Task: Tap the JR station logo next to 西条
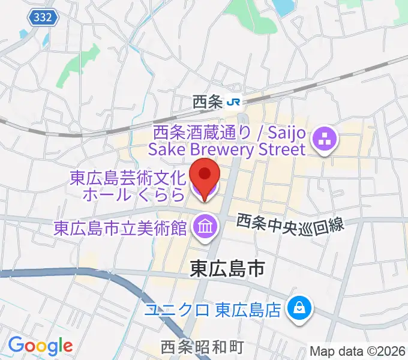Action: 234,103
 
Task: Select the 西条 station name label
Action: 208,103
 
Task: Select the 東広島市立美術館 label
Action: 121,227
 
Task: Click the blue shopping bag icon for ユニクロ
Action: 298,309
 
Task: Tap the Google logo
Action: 40,346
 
